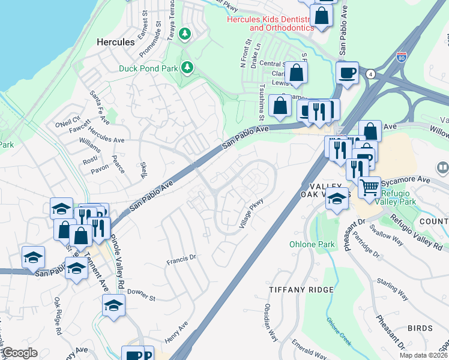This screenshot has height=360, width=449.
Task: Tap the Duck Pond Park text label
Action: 147,69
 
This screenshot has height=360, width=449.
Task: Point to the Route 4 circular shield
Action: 372,74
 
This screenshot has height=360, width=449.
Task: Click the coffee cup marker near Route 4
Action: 347,73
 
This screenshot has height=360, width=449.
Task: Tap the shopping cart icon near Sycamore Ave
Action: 370,187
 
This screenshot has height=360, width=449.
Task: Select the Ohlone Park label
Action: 312,244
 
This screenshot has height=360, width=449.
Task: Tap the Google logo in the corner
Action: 20,353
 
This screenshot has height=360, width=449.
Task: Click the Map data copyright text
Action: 423,355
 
